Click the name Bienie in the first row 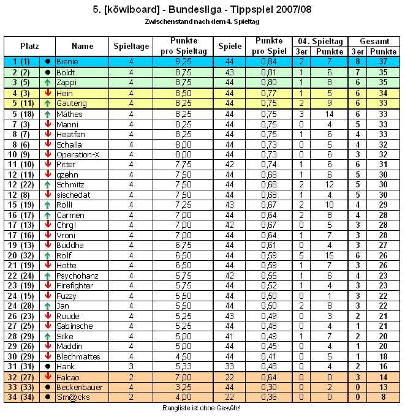67,62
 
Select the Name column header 83,46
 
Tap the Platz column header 29,46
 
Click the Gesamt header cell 374,41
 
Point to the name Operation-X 78,154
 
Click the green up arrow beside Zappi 48,82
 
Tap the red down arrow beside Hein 48,93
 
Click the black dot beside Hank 48,366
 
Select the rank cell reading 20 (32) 21,255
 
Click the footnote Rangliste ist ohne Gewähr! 202,408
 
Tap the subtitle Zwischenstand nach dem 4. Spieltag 202,21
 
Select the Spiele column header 230,46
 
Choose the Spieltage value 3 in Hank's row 131,366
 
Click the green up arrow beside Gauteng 48,103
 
